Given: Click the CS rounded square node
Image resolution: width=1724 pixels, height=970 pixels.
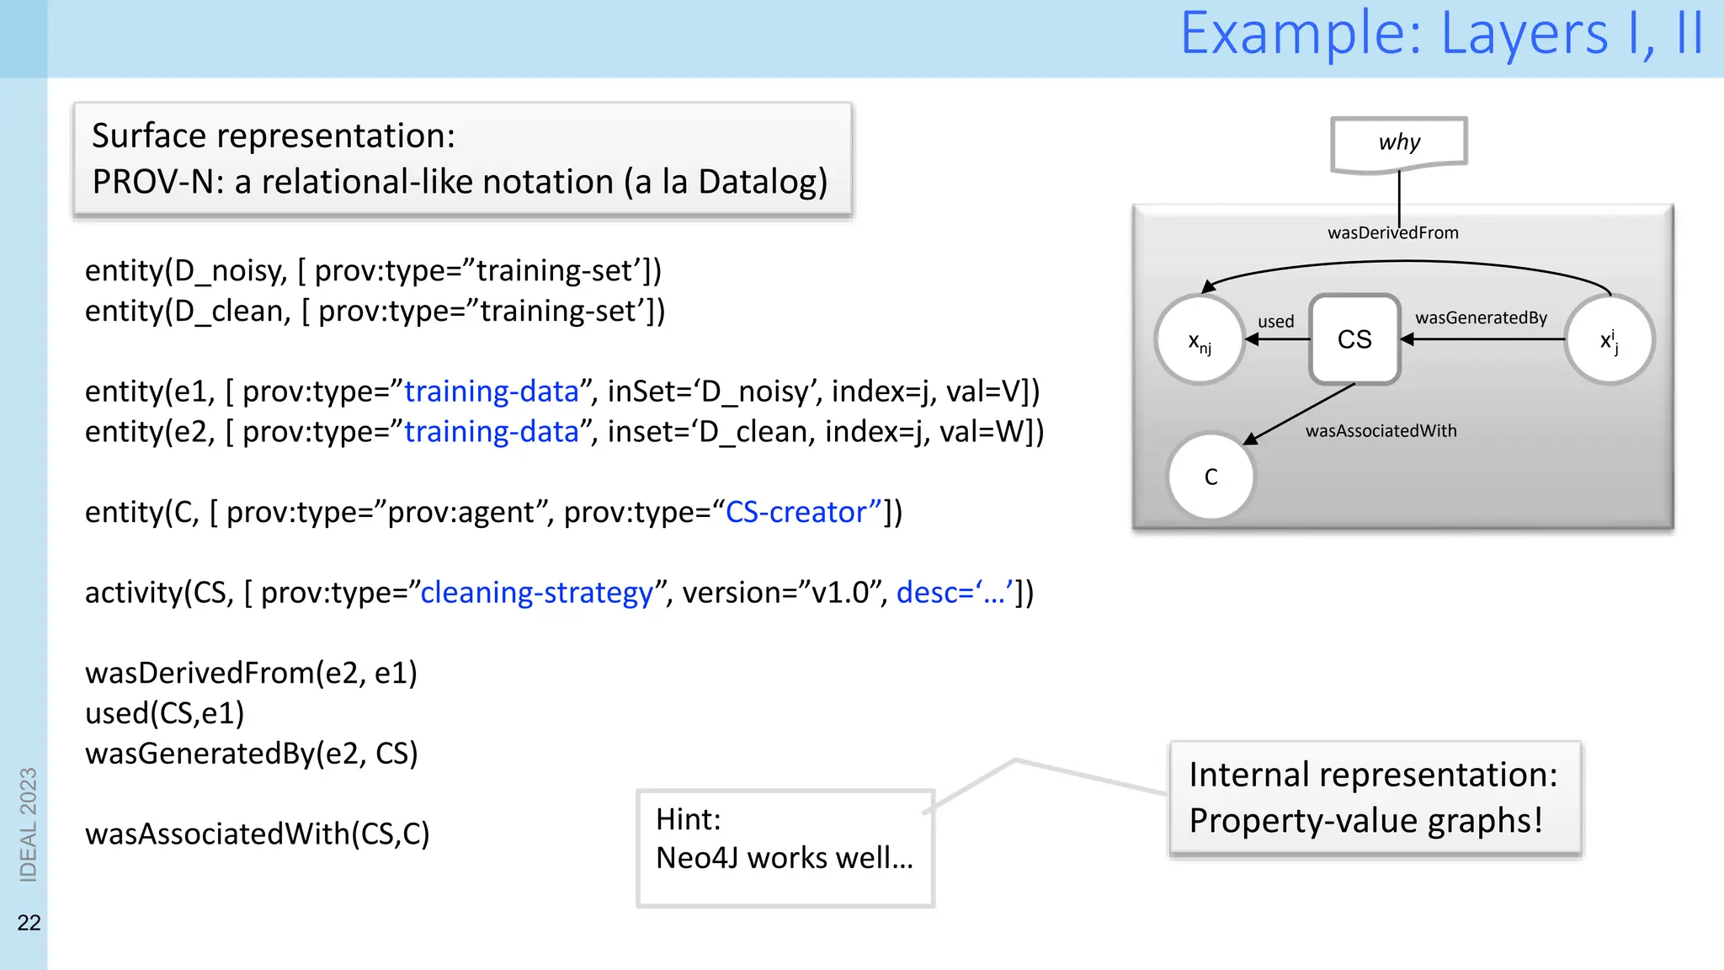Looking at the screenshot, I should point(1354,339).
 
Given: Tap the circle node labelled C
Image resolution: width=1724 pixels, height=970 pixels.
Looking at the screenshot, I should point(1211,477).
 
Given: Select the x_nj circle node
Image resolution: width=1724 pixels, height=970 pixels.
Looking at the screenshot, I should point(1200,341).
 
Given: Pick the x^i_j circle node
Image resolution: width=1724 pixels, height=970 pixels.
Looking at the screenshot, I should point(1609,341).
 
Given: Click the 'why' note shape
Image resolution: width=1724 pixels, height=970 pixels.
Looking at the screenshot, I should point(1399,143).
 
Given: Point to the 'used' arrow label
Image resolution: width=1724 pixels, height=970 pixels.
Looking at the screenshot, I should point(1275,322).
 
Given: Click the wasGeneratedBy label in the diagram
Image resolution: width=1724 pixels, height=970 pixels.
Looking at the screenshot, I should point(1481,318).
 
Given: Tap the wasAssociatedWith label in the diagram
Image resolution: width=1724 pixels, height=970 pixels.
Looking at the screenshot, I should point(1381,431).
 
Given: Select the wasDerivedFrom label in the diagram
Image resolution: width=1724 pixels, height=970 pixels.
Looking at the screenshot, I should point(1392,233).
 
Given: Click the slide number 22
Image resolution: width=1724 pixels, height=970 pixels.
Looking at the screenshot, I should point(29,923).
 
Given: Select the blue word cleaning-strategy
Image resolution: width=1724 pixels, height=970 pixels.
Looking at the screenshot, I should point(537,593).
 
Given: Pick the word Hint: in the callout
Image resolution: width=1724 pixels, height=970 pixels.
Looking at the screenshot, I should point(688,819).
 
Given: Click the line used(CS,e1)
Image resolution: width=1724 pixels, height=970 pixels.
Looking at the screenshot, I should point(165,713).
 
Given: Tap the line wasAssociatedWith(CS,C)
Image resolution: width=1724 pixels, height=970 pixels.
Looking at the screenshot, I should point(257,834).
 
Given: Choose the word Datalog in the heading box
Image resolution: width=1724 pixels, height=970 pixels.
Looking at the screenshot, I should point(762,182).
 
